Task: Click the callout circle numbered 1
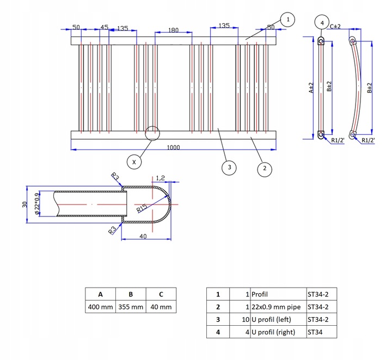point(287,20)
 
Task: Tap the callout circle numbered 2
point(265,169)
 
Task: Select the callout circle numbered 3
point(229,167)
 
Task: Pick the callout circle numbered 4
point(322,23)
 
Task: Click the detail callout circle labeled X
point(134,162)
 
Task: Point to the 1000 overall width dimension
point(173,147)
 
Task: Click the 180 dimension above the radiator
point(173,30)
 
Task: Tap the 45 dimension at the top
point(104,27)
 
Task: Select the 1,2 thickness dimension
point(160,178)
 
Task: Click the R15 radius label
point(142,208)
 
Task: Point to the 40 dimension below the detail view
point(143,236)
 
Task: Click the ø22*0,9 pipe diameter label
point(37,204)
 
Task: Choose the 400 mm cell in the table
point(101,307)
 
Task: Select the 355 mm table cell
point(131,307)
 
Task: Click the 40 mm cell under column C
point(161,307)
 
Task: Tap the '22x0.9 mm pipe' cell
point(278,307)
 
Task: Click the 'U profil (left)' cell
point(278,320)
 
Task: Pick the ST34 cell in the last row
point(322,332)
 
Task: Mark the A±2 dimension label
point(311,88)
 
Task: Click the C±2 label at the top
point(335,27)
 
